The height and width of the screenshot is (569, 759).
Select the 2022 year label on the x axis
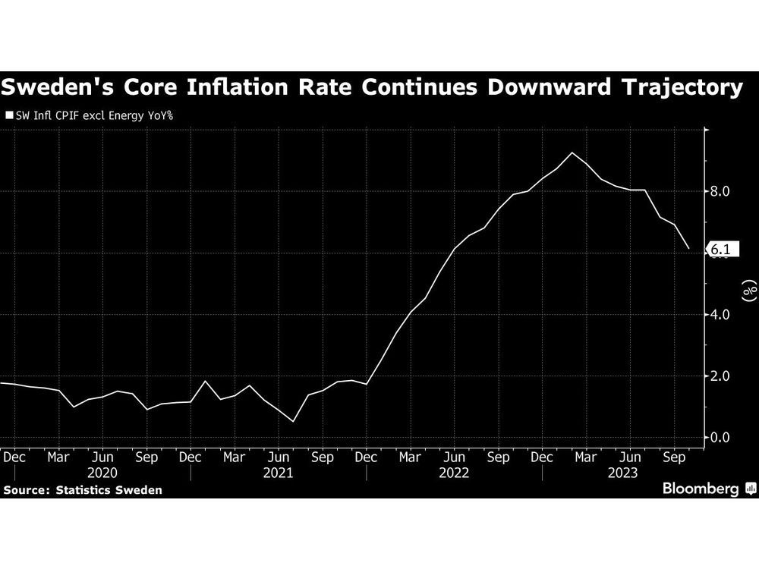click(454, 473)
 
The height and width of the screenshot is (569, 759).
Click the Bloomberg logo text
click(701, 489)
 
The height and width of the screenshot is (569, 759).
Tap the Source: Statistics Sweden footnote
click(83, 490)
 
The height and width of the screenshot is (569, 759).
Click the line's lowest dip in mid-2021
click(293, 422)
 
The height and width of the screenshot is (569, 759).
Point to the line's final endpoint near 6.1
click(688, 249)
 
